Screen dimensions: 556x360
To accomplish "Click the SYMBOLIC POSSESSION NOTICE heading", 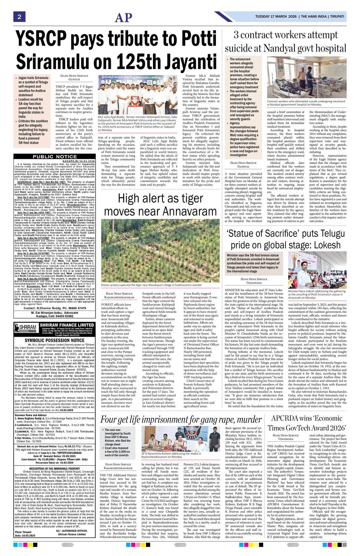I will [x=54, y=340].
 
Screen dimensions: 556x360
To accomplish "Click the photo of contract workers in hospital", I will [x=307, y=78].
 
